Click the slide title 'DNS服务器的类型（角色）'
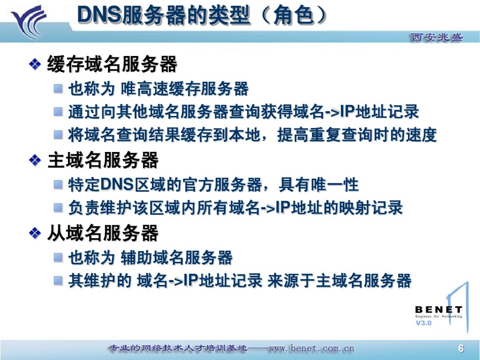click(202, 15)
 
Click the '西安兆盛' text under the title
click(437, 37)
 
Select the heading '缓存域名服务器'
click(112, 64)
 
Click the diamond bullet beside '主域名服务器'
click(35, 161)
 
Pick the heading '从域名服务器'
click(103, 233)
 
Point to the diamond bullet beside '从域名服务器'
click(35, 233)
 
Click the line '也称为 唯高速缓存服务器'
click(158, 89)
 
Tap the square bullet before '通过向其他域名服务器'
click(58, 112)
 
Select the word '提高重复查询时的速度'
click(357, 135)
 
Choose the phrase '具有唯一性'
click(319, 185)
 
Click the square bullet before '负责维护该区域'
click(58, 207)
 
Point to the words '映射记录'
click(371, 207)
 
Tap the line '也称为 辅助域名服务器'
click(150, 258)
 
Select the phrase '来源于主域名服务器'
click(339, 281)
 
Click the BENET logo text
click(438, 310)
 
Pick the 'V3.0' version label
click(423, 323)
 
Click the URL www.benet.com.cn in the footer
click(312, 348)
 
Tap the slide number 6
click(461, 348)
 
